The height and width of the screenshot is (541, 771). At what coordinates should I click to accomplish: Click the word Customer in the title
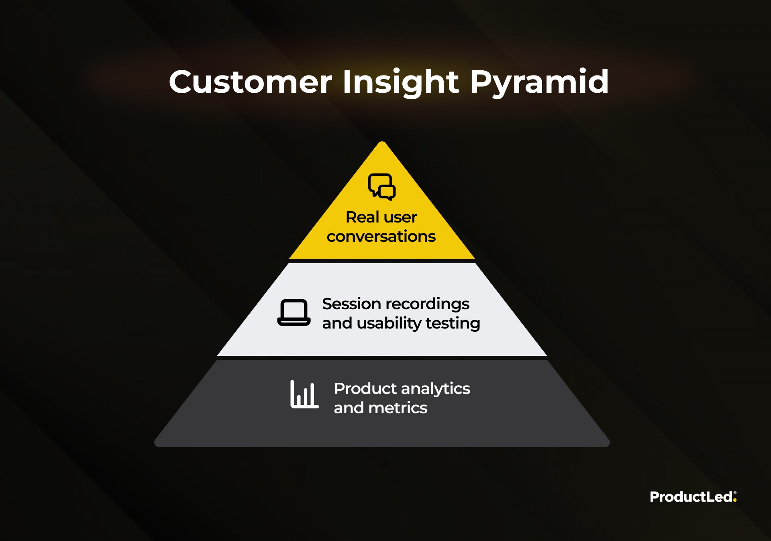click(x=251, y=82)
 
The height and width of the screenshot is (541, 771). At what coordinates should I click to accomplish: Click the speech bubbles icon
click(x=382, y=187)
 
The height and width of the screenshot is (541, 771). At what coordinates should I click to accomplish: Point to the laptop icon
click(x=294, y=312)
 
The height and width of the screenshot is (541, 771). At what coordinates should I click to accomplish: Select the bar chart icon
click(x=304, y=394)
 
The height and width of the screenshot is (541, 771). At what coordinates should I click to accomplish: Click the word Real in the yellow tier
click(x=362, y=217)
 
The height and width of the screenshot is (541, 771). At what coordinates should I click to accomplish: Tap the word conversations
click(x=381, y=237)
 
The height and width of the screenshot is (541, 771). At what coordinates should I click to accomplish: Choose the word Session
click(x=351, y=304)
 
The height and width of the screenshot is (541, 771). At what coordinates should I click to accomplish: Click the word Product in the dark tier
click(x=365, y=388)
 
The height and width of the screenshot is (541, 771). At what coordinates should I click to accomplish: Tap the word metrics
click(x=398, y=408)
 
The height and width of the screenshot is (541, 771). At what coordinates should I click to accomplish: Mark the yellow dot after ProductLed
click(x=735, y=500)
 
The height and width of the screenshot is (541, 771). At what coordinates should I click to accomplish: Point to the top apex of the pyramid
click(x=382, y=142)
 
